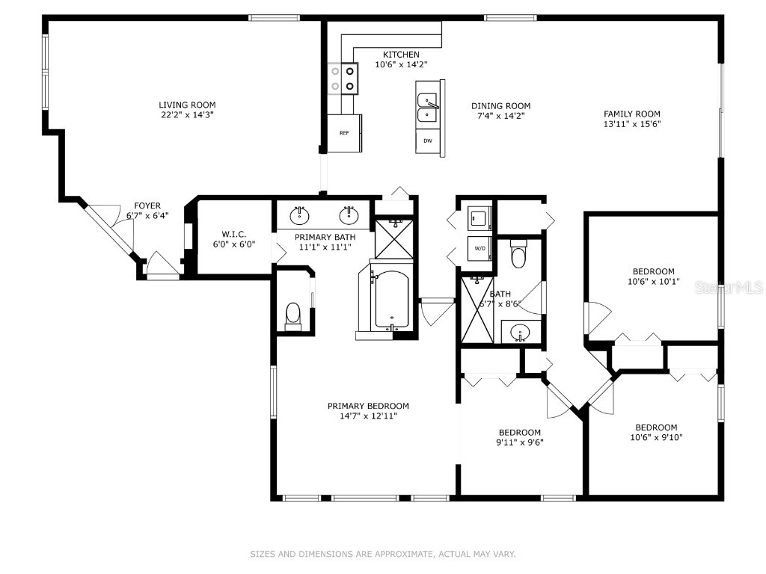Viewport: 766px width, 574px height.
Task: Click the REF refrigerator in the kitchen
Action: pyautogui.click(x=345, y=133)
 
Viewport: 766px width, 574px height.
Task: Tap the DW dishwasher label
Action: pyautogui.click(x=428, y=141)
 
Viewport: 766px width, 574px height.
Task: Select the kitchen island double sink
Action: pyautogui.click(x=428, y=108)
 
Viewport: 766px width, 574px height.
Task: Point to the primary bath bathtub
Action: pyautogui.click(x=390, y=300)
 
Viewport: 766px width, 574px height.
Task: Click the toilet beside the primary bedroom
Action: pyautogui.click(x=293, y=315)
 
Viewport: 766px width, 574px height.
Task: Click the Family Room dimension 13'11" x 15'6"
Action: pyautogui.click(x=632, y=124)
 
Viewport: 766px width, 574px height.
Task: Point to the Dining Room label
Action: pyautogui.click(x=500, y=106)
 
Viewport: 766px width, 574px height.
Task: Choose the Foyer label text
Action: pyautogui.click(x=147, y=206)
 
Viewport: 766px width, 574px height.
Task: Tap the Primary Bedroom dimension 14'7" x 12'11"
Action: pyautogui.click(x=368, y=416)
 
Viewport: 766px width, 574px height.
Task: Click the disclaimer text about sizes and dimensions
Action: pyautogui.click(x=382, y=554)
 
